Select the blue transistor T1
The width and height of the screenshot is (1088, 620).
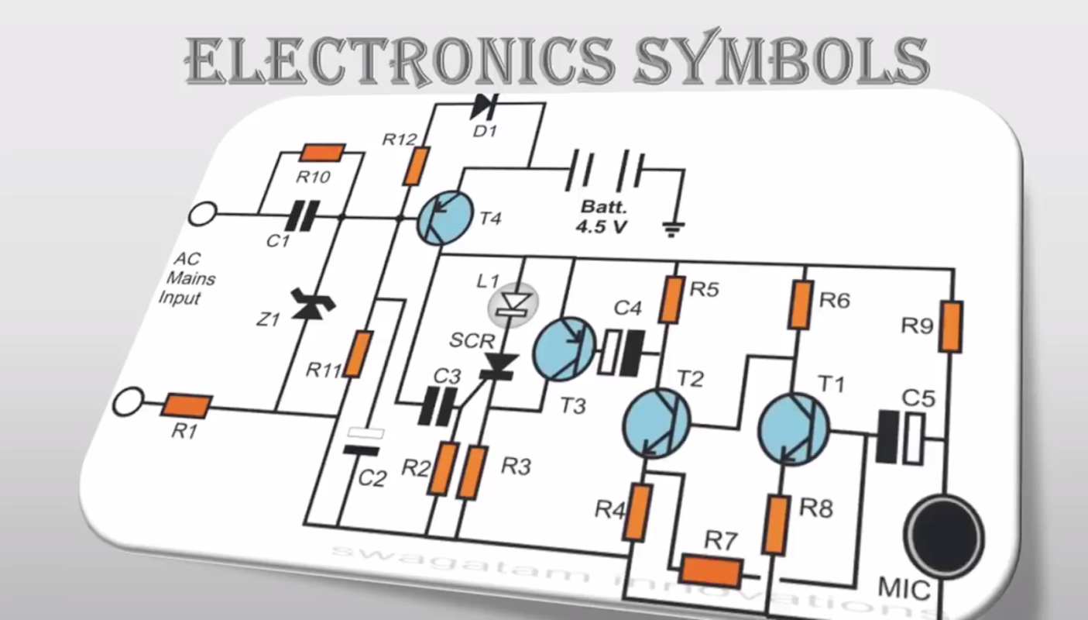click(793, 428)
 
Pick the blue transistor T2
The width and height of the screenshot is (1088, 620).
click(657, 423)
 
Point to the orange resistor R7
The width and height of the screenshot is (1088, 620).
click(711, 572)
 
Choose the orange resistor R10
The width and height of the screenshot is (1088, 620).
click(322, 152)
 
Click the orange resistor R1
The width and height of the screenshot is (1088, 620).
click(188, 405)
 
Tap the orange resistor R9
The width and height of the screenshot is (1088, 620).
click(952, 326)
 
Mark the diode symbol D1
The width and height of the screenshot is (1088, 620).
click(486, 105)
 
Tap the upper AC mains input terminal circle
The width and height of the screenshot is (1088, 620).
click(202, 213)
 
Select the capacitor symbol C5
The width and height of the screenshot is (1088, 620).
click(901, 437)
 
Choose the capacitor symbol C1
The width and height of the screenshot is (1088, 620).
click(303, 215)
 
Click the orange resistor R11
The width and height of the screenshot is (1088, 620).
click(358, 353)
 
